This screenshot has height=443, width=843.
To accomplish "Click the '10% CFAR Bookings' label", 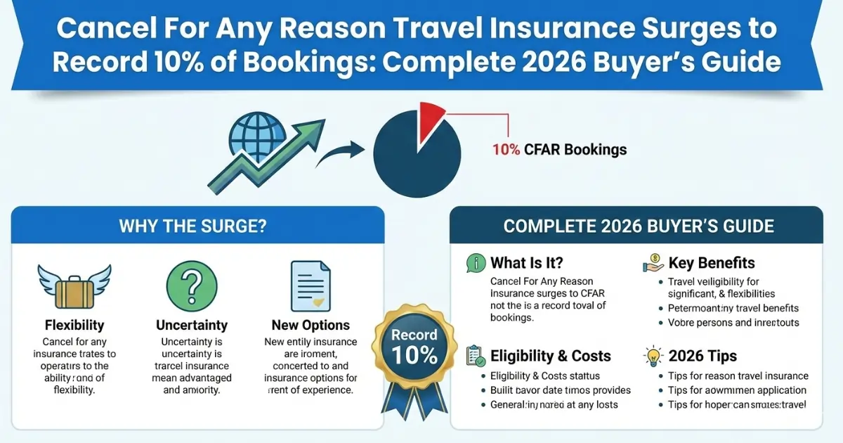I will click(559, 150).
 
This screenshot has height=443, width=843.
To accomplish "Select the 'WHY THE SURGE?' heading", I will click(197, 226).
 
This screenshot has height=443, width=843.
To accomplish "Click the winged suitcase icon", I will click(74, 286).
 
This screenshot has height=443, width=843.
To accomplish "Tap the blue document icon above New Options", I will click(311, 286).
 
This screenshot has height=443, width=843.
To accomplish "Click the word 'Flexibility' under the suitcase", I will click(74, 325).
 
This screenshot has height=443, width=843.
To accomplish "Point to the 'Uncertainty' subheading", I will click(192, 325).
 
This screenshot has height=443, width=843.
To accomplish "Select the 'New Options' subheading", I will click(311, 325).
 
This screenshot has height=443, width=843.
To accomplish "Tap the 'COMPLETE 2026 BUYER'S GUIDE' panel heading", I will click(638, 226).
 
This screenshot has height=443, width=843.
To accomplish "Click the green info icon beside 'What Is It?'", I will click(476, 264).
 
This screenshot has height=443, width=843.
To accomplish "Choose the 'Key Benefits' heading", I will click(711, 264).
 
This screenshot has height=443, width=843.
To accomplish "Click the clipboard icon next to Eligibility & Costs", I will click(476, 355).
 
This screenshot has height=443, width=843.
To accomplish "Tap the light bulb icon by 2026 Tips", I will click(653, 356).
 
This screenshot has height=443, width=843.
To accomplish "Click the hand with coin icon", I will click(653, 264).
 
